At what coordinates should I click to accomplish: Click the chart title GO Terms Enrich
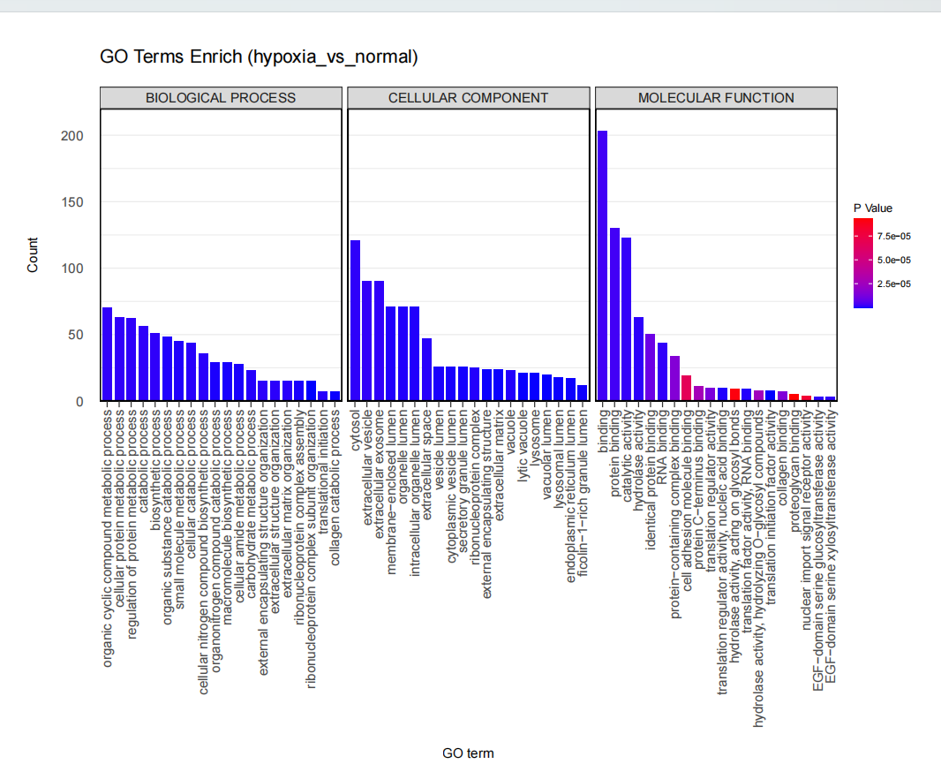259,57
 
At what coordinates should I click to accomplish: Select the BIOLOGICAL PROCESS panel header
221,98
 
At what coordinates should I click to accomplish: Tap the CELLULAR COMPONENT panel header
468,98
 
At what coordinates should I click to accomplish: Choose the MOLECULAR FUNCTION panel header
716,98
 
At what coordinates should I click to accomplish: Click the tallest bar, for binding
602,266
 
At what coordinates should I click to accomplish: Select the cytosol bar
355,321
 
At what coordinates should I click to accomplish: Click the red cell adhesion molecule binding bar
686,388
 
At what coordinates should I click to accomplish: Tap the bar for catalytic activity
626,319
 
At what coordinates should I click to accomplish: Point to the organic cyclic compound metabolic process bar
107,354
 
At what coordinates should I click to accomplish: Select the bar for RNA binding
662,372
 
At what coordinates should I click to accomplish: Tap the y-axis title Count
33,254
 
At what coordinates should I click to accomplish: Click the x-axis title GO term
468,753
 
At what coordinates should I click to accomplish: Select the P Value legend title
872,208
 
